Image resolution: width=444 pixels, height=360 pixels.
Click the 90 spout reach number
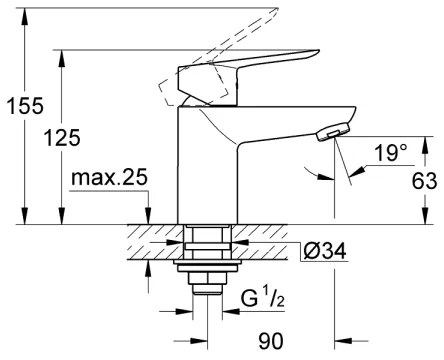click(268, 341)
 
